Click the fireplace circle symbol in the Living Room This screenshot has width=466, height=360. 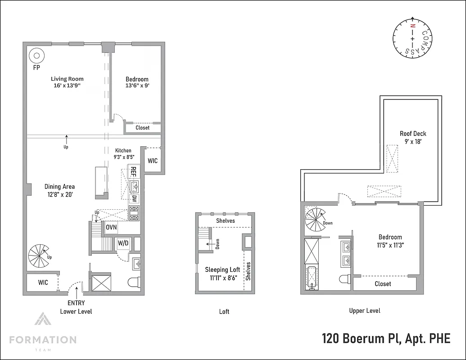36,56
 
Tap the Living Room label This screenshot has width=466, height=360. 67,79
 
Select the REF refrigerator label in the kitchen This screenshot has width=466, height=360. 133,171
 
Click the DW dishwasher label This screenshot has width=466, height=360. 134,198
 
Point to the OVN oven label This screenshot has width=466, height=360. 111,228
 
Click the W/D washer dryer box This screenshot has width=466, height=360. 123,243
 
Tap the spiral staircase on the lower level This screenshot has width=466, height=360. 38,255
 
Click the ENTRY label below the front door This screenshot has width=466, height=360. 76,303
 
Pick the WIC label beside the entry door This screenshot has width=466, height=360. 43,283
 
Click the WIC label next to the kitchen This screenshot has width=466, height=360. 153,161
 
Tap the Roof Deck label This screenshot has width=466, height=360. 413,134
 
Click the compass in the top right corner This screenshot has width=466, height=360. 412,39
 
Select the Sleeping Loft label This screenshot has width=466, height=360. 222,270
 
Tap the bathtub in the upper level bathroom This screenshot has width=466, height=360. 311,279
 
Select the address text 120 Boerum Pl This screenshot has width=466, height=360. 361,338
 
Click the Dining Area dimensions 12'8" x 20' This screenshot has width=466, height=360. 59,194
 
